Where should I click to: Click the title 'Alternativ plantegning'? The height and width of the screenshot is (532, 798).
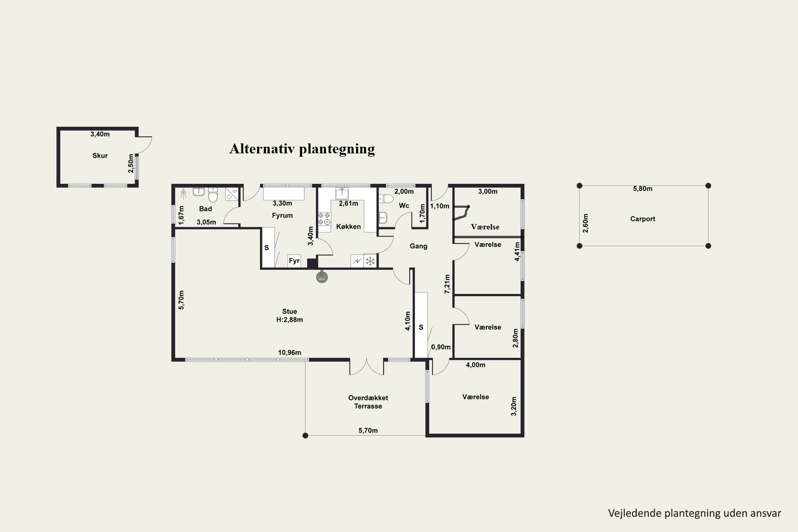(x=302, y=149)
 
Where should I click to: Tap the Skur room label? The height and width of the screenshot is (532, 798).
(x=100, y=156)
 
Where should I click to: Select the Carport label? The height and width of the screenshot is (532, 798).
(x=643, y=219)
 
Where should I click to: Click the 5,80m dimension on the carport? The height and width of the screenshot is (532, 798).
(x=643, y=189)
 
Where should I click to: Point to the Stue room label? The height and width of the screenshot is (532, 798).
(x=290, y=312)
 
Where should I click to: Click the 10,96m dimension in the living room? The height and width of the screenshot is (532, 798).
(x=290, y=353)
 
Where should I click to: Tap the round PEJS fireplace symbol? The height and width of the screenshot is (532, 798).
(x=321, y=277)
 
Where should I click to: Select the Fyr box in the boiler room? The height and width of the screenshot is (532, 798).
(x=294, y=261)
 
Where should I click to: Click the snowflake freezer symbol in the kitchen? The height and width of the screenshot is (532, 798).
(x=370, y=261)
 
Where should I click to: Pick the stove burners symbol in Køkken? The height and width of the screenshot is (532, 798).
(x=324, y=219)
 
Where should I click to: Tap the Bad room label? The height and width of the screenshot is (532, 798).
(x=206, y=209)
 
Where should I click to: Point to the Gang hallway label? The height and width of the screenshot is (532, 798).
(x=419, y=246)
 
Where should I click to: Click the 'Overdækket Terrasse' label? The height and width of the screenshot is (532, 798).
(x=368, y=402)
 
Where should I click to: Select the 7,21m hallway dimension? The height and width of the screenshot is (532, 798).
(x=447, y=284)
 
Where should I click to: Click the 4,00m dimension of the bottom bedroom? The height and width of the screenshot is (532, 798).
(x=475, y=365)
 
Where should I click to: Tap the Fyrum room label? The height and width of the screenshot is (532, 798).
(x=282, y=215)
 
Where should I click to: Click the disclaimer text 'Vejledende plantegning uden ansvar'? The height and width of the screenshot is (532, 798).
(x=695, y=513)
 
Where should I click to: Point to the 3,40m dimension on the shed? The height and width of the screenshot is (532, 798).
(x=100, y=134)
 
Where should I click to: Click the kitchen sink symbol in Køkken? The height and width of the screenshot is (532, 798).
(x=342, y=193)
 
